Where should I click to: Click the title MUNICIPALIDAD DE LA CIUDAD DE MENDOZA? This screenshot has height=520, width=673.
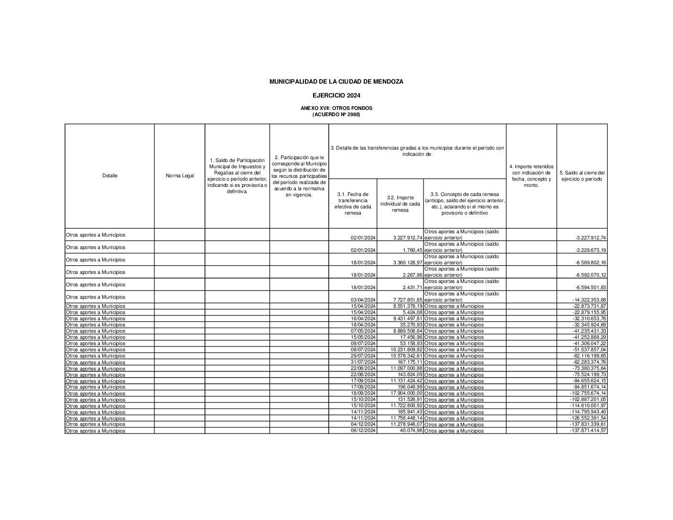[x=336, y=82]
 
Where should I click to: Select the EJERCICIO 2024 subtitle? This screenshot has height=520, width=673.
[x=336, y=96]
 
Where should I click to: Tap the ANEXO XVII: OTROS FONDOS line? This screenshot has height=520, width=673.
[x=336, y=108]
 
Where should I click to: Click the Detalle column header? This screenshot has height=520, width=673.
[x=109, y=176]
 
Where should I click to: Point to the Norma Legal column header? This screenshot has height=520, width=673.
[x=180, y=176]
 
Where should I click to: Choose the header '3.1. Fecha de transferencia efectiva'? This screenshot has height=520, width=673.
[x=353, y=204]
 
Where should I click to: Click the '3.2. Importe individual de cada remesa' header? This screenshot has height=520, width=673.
[x=400, y=204]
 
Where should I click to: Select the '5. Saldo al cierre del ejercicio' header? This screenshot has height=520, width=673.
[x=582, y=176]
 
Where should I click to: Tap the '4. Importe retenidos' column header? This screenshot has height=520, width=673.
[x=531, y=176]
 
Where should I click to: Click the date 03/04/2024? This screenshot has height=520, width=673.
[x=363, y=300]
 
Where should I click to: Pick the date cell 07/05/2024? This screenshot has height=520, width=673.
[x=363, y=331]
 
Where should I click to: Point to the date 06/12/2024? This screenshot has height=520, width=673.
[x=363, y=431]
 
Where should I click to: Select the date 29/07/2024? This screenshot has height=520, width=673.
[x=363, y=356]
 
